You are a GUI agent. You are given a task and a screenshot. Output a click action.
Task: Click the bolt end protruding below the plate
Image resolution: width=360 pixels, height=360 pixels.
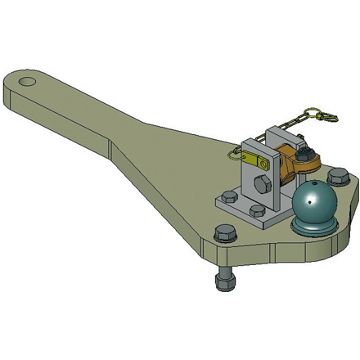[223, 282]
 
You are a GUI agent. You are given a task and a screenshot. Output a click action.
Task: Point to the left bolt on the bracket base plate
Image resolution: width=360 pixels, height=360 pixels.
[229, 197]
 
